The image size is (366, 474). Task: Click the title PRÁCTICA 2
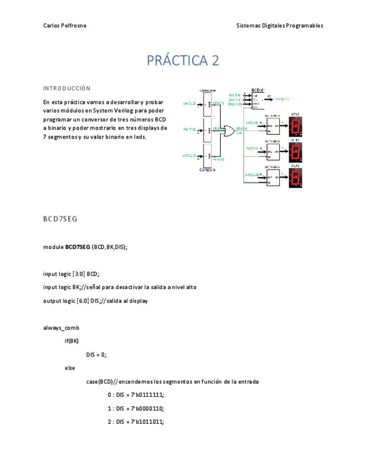[183, 60]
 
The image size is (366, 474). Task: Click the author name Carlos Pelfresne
[64, 26]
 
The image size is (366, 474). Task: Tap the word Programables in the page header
[305, 26]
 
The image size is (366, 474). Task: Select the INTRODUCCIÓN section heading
[66, 88]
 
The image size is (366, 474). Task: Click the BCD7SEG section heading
[60, 219]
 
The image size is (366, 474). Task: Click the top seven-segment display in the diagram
[296, 126]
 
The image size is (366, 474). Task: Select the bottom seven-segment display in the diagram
[296, 178]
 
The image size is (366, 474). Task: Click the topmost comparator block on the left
[207, 103]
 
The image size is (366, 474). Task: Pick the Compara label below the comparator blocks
[207, 169]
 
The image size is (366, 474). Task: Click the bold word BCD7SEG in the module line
[78, 247]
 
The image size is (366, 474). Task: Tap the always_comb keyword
[61, 328]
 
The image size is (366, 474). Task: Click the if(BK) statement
[72, 341]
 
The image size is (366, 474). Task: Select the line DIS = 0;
[96, 354]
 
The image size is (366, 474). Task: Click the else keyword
[70, 368]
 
